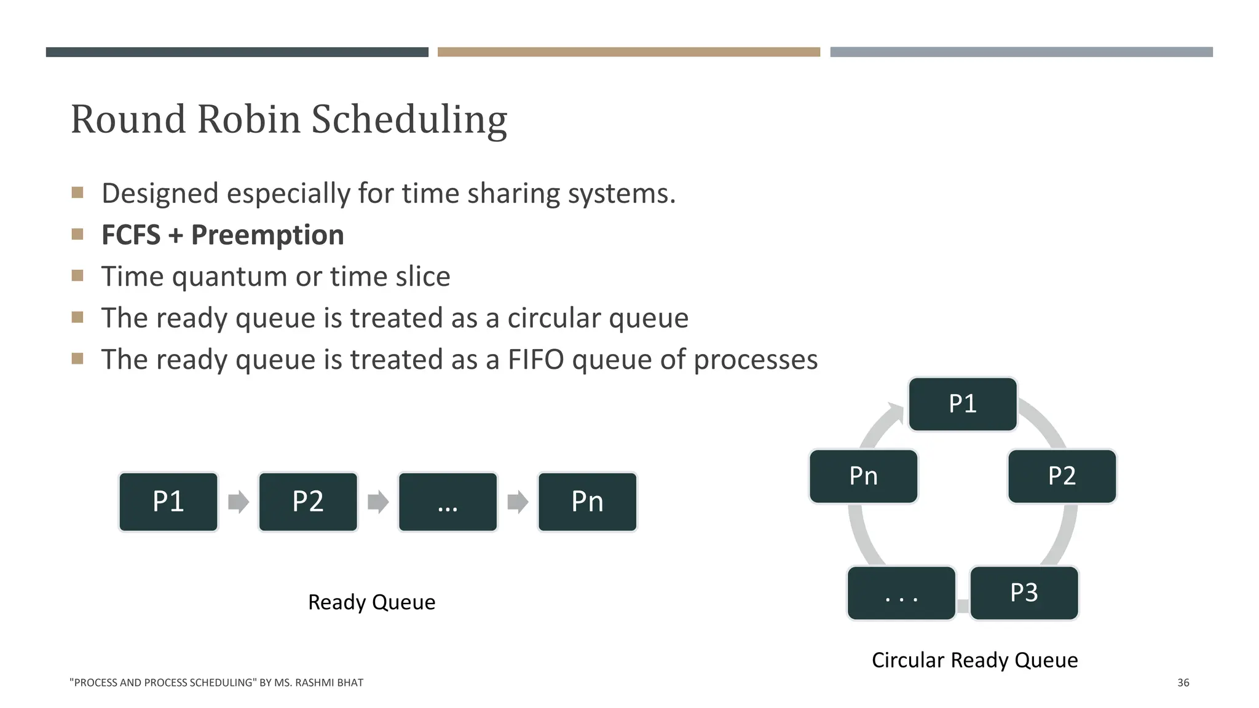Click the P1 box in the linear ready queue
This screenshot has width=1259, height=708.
pyautogui.click(x=168, y=502)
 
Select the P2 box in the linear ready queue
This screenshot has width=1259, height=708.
pyautogui.click(x=308, y=502)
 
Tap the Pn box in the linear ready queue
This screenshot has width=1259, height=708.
pyautogui.click(x=587, y=502)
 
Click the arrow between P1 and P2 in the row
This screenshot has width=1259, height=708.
pyautogui.click(x=239, y=502)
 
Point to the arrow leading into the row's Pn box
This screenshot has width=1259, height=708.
pyautogui.click(x=518, y=502)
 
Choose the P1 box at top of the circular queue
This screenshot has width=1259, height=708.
pyautogui.click(x=963, y=404)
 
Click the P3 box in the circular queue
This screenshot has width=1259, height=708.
pyautogui.click(x=1024, y=592)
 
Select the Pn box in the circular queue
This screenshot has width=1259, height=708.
pyautogui.click(x=863, y=476)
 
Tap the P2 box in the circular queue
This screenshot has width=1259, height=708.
pyautogui.click(x=1062, y=476)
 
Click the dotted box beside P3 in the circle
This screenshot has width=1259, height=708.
pyautogui.click(x=901, y=592)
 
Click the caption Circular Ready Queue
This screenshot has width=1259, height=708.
pyautogui.click(x=974, y=660)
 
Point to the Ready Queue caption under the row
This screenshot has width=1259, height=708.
pyautogui.click(x=371, y=602)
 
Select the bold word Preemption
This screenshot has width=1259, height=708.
pyautogui.click(x=267, y=235)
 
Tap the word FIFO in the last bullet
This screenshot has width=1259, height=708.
pyautogui.click(x=535, y=360)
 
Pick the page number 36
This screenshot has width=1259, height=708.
pyautogui.click(x=1183, y=682)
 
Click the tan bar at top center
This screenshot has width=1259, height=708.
pyautogui.click(x=628, y=52)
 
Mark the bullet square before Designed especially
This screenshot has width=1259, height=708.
pyautogui.click(x=77, y=192)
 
